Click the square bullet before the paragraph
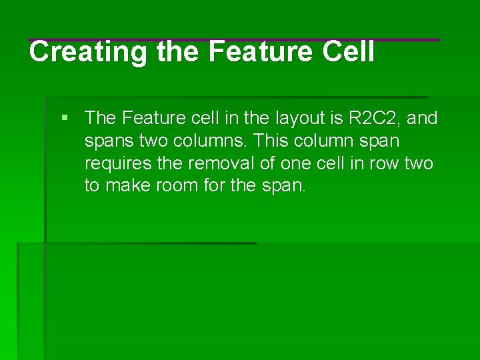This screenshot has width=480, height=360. click(65, 118)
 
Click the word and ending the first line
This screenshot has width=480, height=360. click(422, 118)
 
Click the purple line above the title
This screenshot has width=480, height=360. click(233, 40)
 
